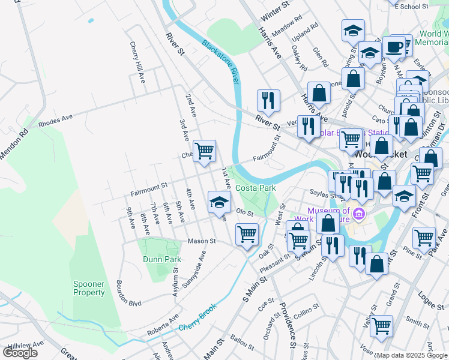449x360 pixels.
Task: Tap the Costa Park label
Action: [256, 188]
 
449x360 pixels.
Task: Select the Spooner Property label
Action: [89, 288]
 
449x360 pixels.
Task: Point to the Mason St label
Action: [201, 241]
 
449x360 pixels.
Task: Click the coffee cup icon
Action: [394, 46]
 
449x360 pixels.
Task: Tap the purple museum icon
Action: [359, 213]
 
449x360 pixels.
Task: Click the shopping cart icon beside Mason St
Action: [247, 234]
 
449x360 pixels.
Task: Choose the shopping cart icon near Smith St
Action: [381, 326]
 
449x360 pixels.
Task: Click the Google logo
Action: [20, 353]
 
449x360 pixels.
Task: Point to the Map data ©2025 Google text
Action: [412, 355]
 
